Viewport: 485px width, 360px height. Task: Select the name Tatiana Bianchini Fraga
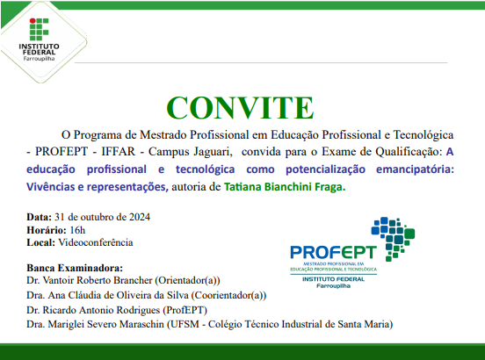(285, 187)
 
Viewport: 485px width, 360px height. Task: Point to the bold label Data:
(39, 216)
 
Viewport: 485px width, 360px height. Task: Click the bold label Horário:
(44, 228)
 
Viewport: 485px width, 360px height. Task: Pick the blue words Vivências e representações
(96, 187)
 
